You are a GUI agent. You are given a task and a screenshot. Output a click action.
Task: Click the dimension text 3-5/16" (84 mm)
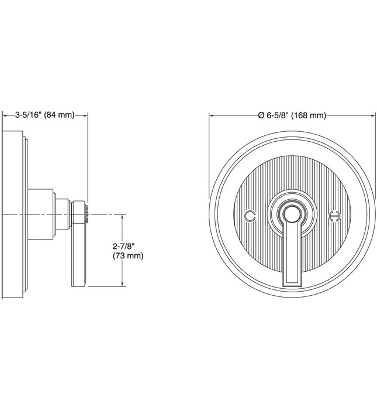tap(44, 115)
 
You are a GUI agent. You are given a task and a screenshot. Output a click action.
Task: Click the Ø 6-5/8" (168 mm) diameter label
tap(291, 115)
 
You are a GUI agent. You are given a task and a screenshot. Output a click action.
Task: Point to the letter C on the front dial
tap(250, 216)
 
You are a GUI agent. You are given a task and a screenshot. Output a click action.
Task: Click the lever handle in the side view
tap(79, 258)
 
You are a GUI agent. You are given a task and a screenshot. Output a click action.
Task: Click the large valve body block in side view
tap(41, 214)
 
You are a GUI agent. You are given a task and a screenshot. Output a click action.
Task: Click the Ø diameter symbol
tap(261, 115)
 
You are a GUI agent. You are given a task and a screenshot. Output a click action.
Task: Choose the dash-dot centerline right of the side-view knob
tap(105, 214)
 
